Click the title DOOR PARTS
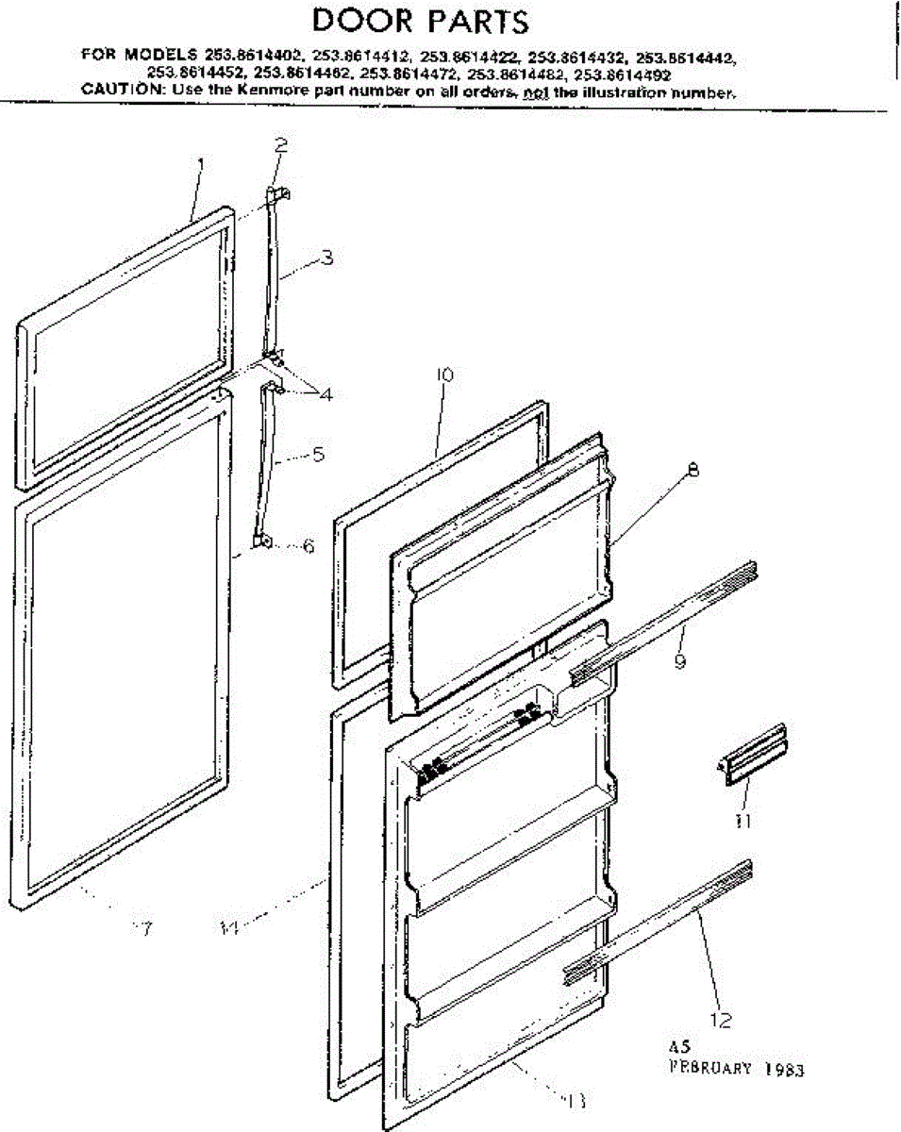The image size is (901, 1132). (420, 21)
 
